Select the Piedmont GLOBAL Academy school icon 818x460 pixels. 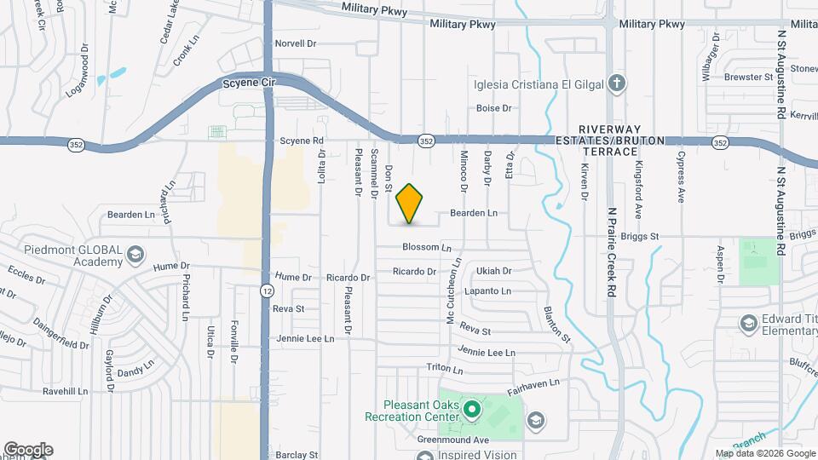click(x=135, y=255)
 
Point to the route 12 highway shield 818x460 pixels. click(x=267, y=290)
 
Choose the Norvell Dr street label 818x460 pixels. click(x=296, y=43)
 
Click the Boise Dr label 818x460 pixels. click(x=493, y=108)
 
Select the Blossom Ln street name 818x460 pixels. click(x=427, y=248)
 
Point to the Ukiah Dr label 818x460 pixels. click(x=494, y=271)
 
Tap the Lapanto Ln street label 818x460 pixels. click(x=487, y=291)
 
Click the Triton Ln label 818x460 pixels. click(x=445, y=370)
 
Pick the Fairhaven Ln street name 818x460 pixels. click(x=537, y=388)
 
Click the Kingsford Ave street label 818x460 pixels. click(x=637, y=192)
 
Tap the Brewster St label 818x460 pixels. click(x=747, y=77)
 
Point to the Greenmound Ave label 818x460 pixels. click(x=453, y=440)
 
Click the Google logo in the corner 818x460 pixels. click(x=27, y=450)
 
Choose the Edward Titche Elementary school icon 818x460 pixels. click(x=747, y=324)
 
